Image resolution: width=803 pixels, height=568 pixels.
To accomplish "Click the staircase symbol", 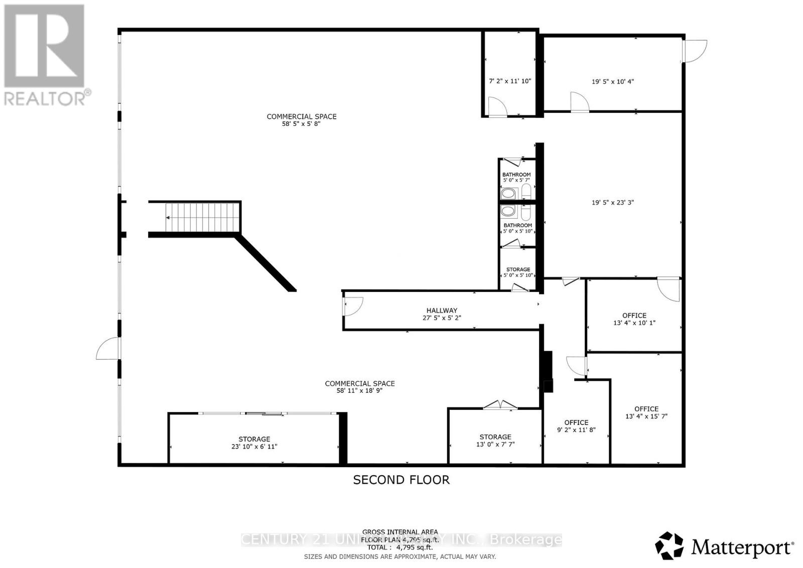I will click(x=201, y=217).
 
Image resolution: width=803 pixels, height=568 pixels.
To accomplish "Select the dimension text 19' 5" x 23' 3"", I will click(x=612, y=203).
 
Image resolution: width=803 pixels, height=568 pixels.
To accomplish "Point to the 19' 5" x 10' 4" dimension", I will click(x=612, y=81).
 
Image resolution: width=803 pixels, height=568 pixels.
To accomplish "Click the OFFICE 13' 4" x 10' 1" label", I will click(x=634, y=319).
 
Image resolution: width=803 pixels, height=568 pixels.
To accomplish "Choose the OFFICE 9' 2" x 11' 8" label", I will click(x=576, y=426).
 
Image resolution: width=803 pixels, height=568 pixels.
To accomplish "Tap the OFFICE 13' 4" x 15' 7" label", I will click(x=646, y=412).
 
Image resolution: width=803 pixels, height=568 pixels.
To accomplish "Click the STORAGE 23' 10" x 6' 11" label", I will click(x=254, y=443).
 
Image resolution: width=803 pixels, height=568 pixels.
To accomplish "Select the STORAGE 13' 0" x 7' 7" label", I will click(x=495, y=441).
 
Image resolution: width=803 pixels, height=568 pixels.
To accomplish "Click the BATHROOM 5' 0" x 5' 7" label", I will click(x=516, y=177).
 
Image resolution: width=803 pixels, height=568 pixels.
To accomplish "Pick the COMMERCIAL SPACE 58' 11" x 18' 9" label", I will click(x=360, y=386).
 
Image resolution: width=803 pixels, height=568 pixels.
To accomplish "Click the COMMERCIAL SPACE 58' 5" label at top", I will click(x=301, y=119).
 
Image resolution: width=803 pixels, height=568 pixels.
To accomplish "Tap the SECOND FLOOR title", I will click(x=401, y=480).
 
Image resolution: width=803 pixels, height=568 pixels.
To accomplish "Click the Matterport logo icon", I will click(x=670, y=546).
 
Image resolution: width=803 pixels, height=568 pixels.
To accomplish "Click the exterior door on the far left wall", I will click(x=108, y=348).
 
